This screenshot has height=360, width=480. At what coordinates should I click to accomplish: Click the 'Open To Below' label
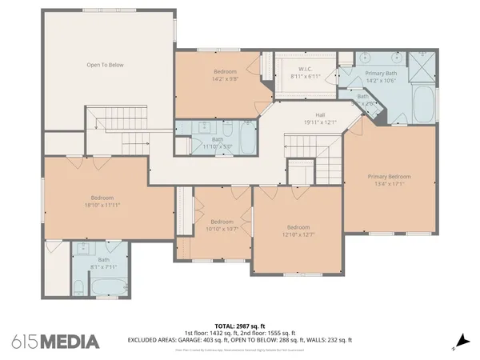pyautogui.click(x=106, y=65)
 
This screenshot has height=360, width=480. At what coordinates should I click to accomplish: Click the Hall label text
pyautogui.click(x=319, y=114)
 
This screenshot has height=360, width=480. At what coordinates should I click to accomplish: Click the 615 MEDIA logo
pyautogui.click(x=55, y=342)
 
